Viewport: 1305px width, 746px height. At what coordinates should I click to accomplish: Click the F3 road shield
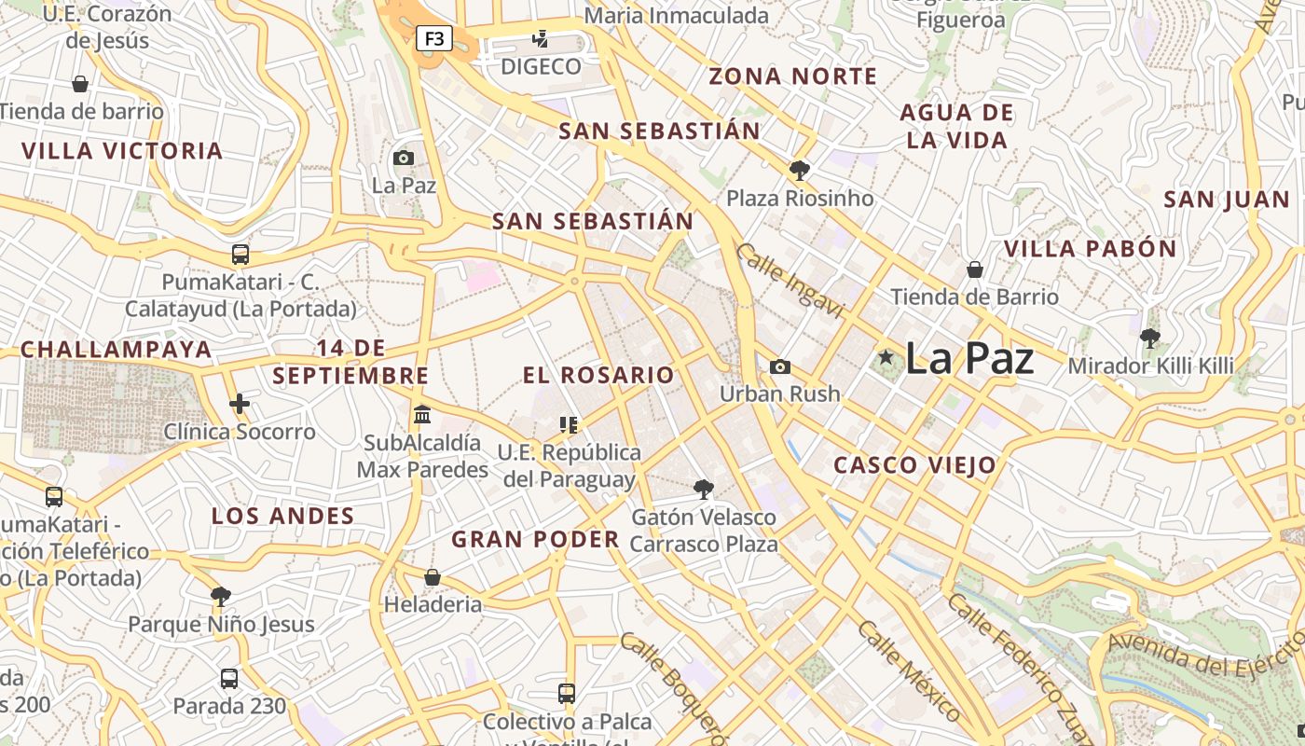(433, 39)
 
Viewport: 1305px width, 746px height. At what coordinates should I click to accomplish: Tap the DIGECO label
(541, 67)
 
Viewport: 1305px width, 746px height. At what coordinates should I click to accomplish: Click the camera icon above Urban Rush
(780, 366)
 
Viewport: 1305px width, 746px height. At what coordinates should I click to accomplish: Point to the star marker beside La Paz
(886, 357)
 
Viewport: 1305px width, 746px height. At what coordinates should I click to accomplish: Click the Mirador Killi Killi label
(1150, 366)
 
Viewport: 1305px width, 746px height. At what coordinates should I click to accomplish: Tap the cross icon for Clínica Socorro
(240, 404)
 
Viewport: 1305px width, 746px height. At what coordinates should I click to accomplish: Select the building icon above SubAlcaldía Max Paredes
(422, 414)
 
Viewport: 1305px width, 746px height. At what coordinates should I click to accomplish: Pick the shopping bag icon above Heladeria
(433, 577)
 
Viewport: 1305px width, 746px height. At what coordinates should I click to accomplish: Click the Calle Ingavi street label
(789, 281)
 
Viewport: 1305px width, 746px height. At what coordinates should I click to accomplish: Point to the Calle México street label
(908, 671)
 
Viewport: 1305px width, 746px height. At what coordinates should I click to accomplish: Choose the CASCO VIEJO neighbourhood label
(914, 465)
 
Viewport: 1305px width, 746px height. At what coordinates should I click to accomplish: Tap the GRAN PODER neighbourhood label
(535, 539)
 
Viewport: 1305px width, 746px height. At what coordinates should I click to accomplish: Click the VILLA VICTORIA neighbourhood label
(122, 151)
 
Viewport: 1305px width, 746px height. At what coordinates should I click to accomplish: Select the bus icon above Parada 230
(229, 678)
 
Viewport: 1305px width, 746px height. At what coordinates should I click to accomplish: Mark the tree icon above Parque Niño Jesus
(221, 597)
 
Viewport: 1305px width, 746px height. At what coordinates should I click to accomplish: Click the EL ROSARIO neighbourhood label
(598, 375)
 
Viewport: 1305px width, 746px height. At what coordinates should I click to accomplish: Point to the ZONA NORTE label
(792, 76)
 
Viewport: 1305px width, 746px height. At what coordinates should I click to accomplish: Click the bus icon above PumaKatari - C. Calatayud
(240, 255)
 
